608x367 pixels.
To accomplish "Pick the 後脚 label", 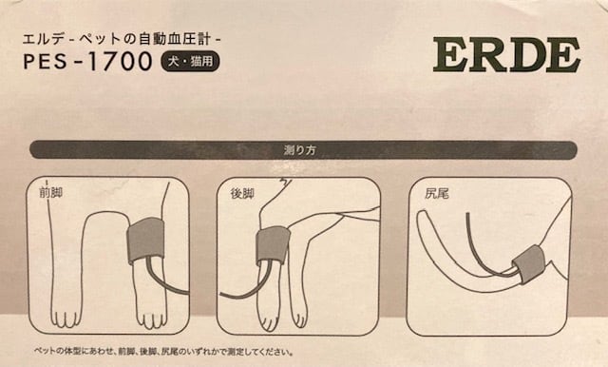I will pos(243,193).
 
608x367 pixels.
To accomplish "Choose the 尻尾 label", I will pos(436,193).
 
